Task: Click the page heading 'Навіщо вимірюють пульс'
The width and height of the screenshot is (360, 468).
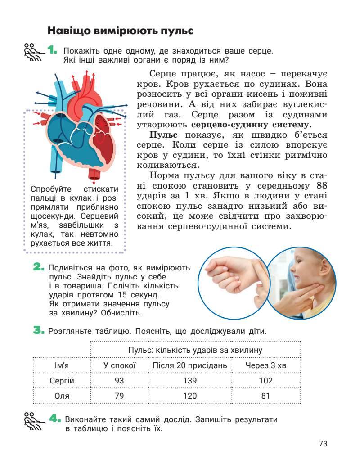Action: [x=120, y=31]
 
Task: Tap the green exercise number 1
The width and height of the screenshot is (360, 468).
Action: [x=52, y=50]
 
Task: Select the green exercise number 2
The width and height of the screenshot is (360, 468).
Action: [x=39, y=268]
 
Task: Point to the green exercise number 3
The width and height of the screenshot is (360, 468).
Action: [x=39, y=331]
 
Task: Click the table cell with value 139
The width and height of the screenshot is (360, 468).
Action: [x=190, y=381]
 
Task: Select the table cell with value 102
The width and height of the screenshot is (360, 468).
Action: [x=265, y=381]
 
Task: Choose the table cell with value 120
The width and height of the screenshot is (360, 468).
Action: [x=190, y=396]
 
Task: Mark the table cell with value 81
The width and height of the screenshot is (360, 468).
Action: [x=265, y=396]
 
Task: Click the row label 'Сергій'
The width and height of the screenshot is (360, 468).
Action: [x=62, y=381]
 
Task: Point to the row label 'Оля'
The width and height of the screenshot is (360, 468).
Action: [x=62, y=396]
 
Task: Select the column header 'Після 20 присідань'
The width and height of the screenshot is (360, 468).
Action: [x=190, y=365]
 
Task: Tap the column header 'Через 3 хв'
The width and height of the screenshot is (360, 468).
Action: [x=265, y=365]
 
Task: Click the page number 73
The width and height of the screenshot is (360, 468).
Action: [x=323, y=444]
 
